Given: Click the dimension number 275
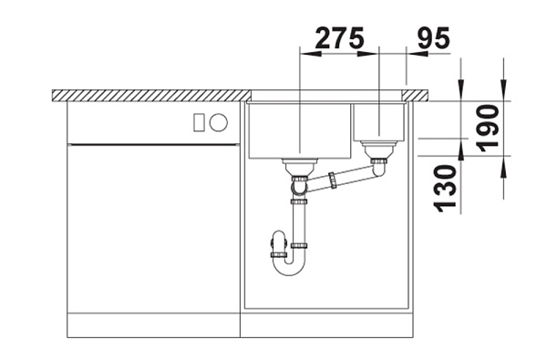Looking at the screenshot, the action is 339,37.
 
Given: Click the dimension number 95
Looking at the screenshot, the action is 434,37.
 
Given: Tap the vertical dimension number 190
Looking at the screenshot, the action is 488,129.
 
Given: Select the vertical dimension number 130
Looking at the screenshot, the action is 445,189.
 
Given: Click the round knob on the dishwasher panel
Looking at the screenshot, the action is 219,123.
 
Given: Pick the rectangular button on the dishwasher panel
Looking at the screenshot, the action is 199,123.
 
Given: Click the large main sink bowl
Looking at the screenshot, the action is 299,131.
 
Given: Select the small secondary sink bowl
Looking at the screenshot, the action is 379,122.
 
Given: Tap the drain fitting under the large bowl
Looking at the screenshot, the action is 300,168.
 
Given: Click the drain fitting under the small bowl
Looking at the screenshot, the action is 379,149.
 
